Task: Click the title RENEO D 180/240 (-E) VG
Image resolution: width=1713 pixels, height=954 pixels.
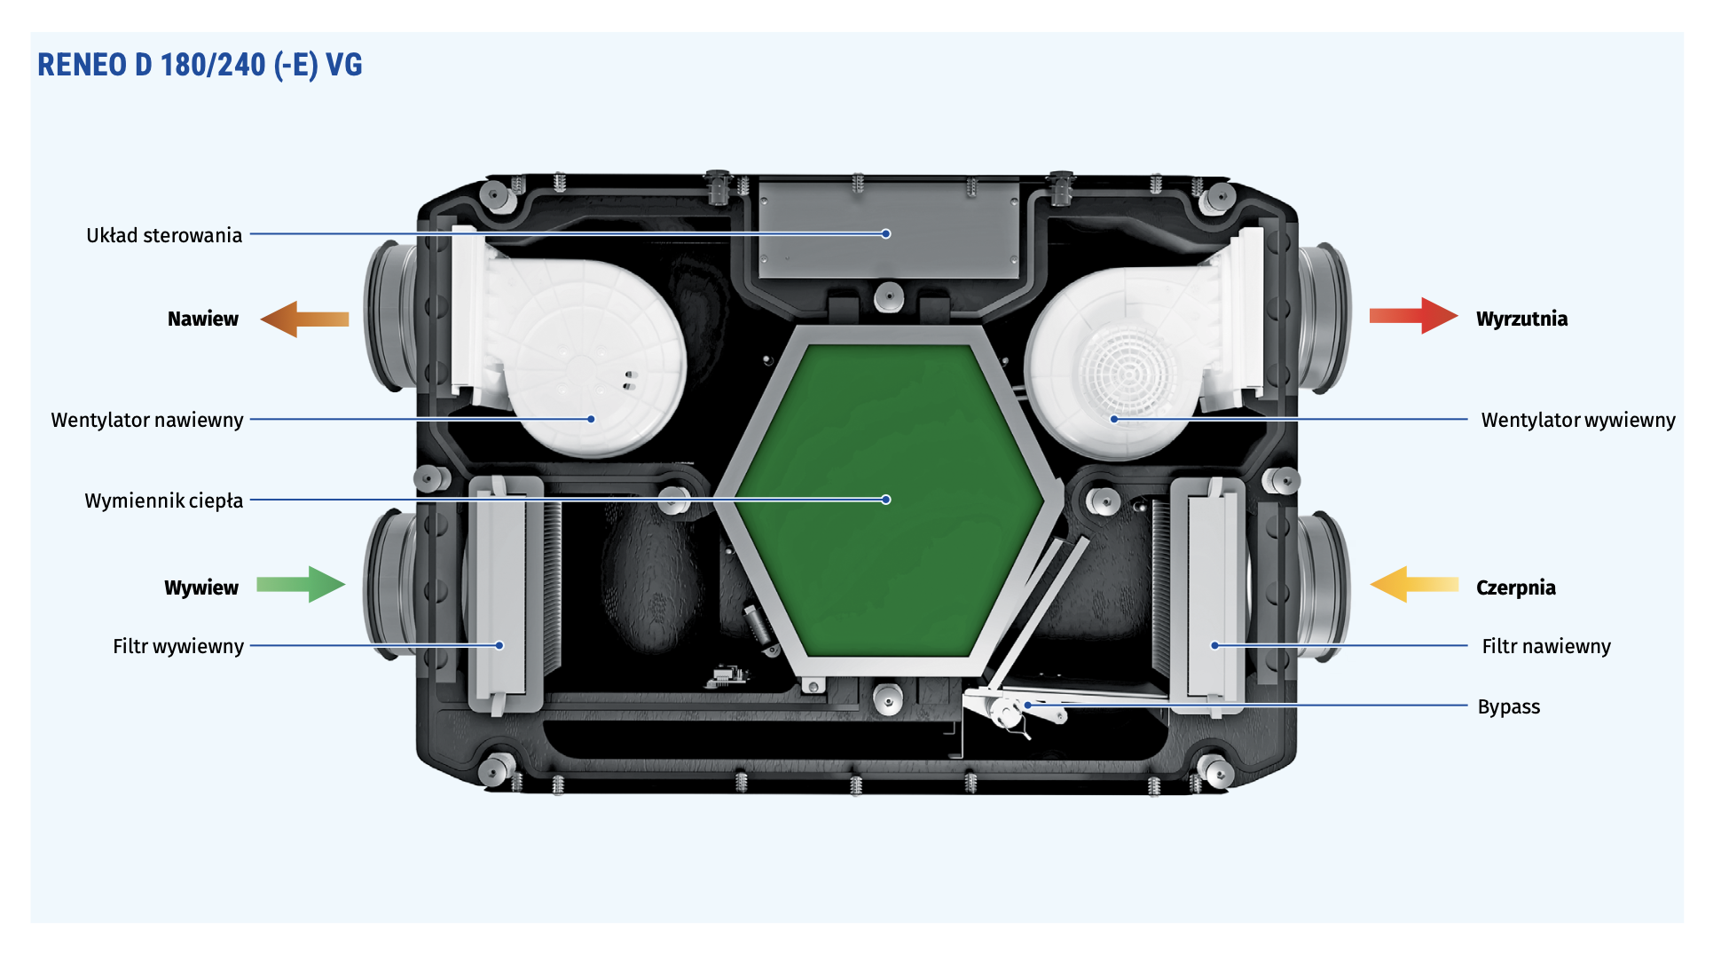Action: pyautogui.click(x=200, y=65)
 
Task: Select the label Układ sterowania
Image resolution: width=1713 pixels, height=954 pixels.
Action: pyautogui.click(x=164, y=235)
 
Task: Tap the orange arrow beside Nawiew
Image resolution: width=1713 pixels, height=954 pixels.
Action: pyautogui.click(x=304, y=319)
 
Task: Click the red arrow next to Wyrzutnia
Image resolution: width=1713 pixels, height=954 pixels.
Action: pyautogui.click(x=1413, y=316)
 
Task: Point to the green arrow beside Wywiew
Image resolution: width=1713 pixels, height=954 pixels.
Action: pyautogui.click(x=301, y=584)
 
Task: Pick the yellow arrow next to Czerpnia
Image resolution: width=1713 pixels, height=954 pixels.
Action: pyautogui.click(x=1414, y=584)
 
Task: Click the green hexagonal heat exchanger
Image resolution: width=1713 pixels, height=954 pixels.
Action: pyautogui.click(x=891, y=500)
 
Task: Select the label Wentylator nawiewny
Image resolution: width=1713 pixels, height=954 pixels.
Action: pyautogui.click(x=147, y=420)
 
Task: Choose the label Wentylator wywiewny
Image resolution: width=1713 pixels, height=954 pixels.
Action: pyautogui.click(x=1578, y=420)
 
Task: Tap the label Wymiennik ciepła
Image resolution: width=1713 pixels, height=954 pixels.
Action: pyautogui.click(x=164, y=501)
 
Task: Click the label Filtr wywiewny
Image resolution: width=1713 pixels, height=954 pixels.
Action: pyautogui.click(x=178, y=646)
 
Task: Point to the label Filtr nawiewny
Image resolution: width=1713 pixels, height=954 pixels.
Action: pyautogui.click(x=1546, y=646)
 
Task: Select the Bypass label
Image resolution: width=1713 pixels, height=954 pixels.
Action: pyautogui.click(x=1509, y=706)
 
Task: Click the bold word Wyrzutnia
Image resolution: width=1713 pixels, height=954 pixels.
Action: pyautogui.click(x=1522, y=319)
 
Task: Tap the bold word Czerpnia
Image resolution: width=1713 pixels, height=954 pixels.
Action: pyautogui.click(x=1516, y=587)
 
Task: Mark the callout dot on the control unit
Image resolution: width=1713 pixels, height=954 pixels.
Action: pyautogui.click(x=886, y=233)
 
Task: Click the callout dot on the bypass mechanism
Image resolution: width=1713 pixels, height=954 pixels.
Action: pyautogui.click(x=1028, y=706)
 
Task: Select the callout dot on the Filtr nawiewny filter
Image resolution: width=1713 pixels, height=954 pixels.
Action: pyautogui.click(x=1214, y=645)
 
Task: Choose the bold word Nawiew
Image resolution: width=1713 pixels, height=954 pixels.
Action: pyautogui.click(x=203, y=319)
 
